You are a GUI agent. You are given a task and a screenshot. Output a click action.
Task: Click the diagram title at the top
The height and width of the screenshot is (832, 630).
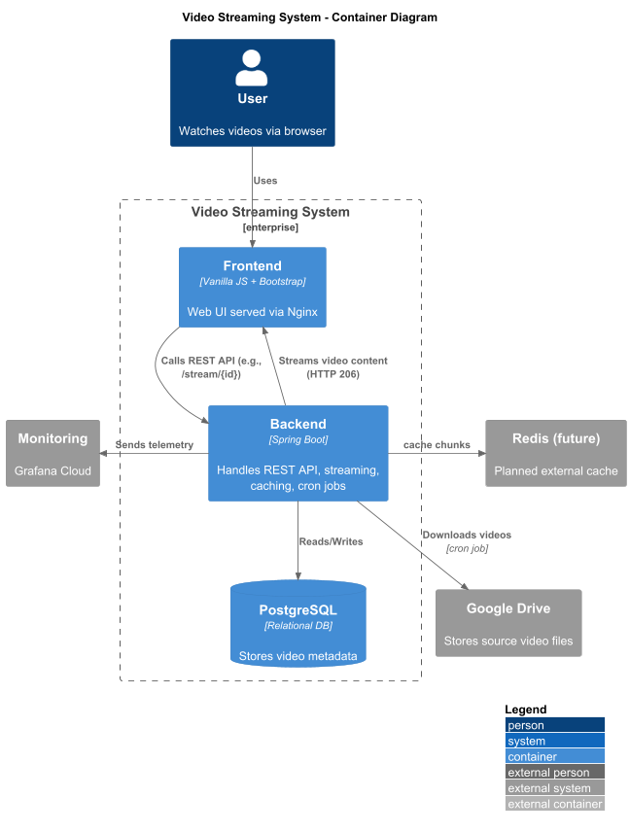[309, 17]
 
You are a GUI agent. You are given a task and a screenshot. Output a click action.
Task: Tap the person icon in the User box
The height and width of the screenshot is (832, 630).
[252, 68]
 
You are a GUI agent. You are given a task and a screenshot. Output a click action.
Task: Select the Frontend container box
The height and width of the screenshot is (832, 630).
[253, 287]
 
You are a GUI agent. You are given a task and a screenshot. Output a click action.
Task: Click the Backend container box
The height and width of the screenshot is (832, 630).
[298, 453]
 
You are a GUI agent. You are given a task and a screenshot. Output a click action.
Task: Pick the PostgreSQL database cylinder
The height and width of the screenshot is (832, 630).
[298, 623]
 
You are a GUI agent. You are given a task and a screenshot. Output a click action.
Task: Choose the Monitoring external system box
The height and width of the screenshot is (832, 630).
[53, 453]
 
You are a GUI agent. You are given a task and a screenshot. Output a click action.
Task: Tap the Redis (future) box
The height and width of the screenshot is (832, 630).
[556, 453]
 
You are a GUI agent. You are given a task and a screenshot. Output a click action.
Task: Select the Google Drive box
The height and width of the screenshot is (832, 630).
[508, 623]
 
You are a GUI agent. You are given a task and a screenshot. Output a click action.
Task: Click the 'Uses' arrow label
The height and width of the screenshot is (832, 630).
[265, 181]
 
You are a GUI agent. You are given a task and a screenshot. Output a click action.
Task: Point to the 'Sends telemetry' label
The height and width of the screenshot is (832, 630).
[155, 444]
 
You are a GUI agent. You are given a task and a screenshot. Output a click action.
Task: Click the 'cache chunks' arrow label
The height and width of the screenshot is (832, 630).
[437, 444]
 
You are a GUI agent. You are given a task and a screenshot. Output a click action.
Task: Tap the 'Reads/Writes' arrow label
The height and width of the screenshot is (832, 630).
[332, 541]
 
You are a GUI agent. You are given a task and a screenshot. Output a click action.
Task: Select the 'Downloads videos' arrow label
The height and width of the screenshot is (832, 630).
[467, 535]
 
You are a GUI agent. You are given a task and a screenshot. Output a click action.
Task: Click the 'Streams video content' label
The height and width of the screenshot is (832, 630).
[333, 361]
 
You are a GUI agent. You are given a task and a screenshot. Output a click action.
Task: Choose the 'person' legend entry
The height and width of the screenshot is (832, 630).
[554, 725]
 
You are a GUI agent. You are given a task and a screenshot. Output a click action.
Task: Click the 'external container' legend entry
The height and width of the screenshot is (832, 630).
[554, 804]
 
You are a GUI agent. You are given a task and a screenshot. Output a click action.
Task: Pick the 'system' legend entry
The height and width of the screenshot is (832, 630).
[554, 741]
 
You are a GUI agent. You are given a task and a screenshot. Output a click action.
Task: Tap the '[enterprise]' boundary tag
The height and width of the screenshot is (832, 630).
[270, 227]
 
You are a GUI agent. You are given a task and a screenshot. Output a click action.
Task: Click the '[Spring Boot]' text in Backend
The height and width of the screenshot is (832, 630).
[298, 440]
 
